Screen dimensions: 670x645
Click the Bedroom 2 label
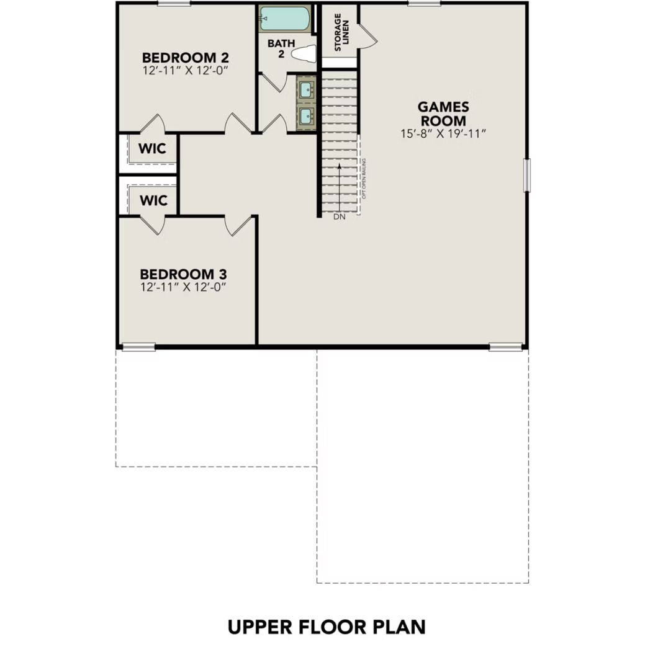click(185, 58)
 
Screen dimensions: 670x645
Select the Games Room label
click(443, 114)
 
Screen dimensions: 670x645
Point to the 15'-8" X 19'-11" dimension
click(443, 133)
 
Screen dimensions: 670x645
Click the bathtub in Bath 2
click(284, 19)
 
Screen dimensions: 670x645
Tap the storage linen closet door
click(369, 34)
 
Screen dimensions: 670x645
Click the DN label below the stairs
click(339, 217)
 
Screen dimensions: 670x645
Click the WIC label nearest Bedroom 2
click(153, 150)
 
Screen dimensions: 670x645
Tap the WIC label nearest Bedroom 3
click(153, 200)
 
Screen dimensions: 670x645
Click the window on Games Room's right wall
click(528, 175)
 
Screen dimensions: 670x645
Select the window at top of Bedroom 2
click(174, 4)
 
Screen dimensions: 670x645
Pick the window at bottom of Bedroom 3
click(138, 347)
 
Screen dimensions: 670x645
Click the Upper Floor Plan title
click(327, 627)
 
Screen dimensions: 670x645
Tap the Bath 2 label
click(276, 48)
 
